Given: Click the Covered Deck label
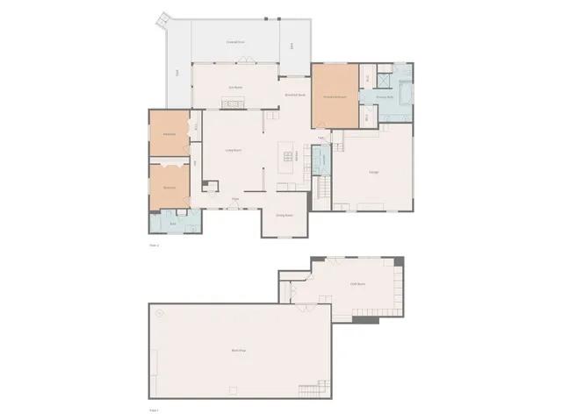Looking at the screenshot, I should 235,41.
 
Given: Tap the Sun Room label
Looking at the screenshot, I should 235,87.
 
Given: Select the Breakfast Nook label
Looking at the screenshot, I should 295,95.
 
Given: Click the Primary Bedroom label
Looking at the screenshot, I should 331,96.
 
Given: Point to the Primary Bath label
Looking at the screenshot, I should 385,96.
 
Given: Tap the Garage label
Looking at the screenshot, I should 373,171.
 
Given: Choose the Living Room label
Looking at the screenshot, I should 234,151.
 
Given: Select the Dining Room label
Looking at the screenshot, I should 285,215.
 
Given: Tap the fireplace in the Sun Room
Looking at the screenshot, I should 234,104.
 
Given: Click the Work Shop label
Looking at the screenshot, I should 237,351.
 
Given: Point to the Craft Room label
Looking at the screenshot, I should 357,283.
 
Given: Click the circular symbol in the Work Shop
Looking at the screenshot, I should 160,313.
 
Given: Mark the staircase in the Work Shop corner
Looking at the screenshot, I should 312,388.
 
